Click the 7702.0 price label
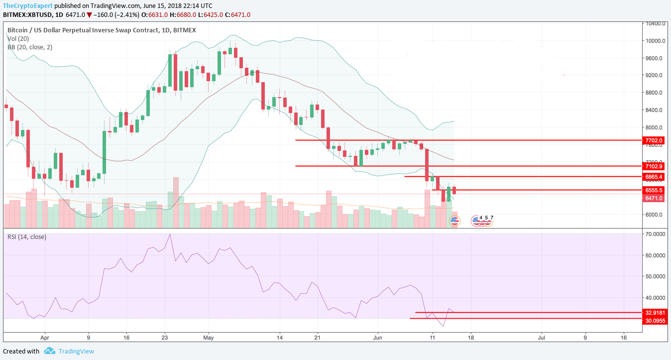[x=654, y=141]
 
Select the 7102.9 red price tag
[x=654, y=166]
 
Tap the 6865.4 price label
[x=654, y=177]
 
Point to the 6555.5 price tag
[x=654, y=190]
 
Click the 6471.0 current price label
[x=654, y=198]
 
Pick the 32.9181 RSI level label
[x=655, y=313]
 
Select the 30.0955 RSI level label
[x=655, y=321]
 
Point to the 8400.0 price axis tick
[x=653, y=110]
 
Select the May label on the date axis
[x=209, y=338]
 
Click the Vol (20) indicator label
[x=18, y=38]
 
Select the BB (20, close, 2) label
[x=30, y=47]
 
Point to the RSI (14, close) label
[x=27, y=237]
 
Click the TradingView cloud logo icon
[x=49, y=351]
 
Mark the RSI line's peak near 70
[x=170, y=234]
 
